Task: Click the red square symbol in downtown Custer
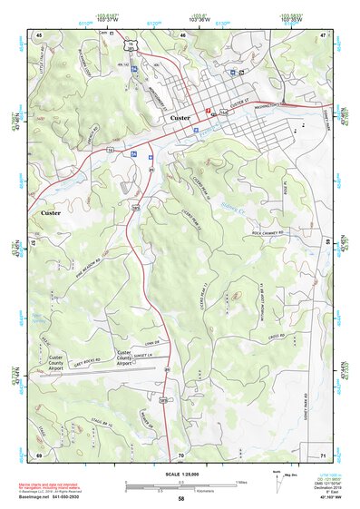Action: (x=208, y=111)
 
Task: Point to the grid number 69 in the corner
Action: (x=39, y=454)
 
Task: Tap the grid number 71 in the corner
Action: (x=323, y=454)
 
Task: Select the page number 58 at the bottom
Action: (x=181, y=499)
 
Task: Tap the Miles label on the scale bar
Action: (x=241, y=482)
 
